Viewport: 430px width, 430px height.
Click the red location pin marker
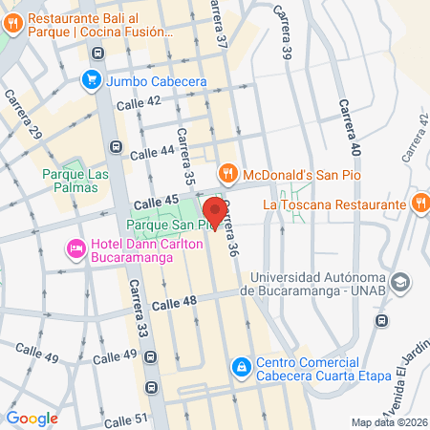pyautogui.click(x=215, y=211)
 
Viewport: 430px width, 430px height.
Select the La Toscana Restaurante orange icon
pyautogui.click(x=420, y=203)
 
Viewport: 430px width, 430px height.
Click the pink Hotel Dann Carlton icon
pyautogui.click(x=75, y=249)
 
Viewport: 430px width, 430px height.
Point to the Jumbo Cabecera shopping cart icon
pyautogui.click(x=93, y=79)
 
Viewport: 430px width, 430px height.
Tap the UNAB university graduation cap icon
pyautogui.click(x=401, y=283)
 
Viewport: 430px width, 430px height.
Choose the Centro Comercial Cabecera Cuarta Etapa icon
pyautogui.click(x=243, y=366)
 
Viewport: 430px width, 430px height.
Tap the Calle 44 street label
pyautogui.click(x=153, y=150)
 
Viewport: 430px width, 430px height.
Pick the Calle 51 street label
pyautogui.click(x=125, y=419)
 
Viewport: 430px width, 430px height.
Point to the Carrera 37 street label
pyautogui.click(x=221, y=26)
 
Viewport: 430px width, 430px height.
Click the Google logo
pyautogui.click(x=32, y=418)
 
